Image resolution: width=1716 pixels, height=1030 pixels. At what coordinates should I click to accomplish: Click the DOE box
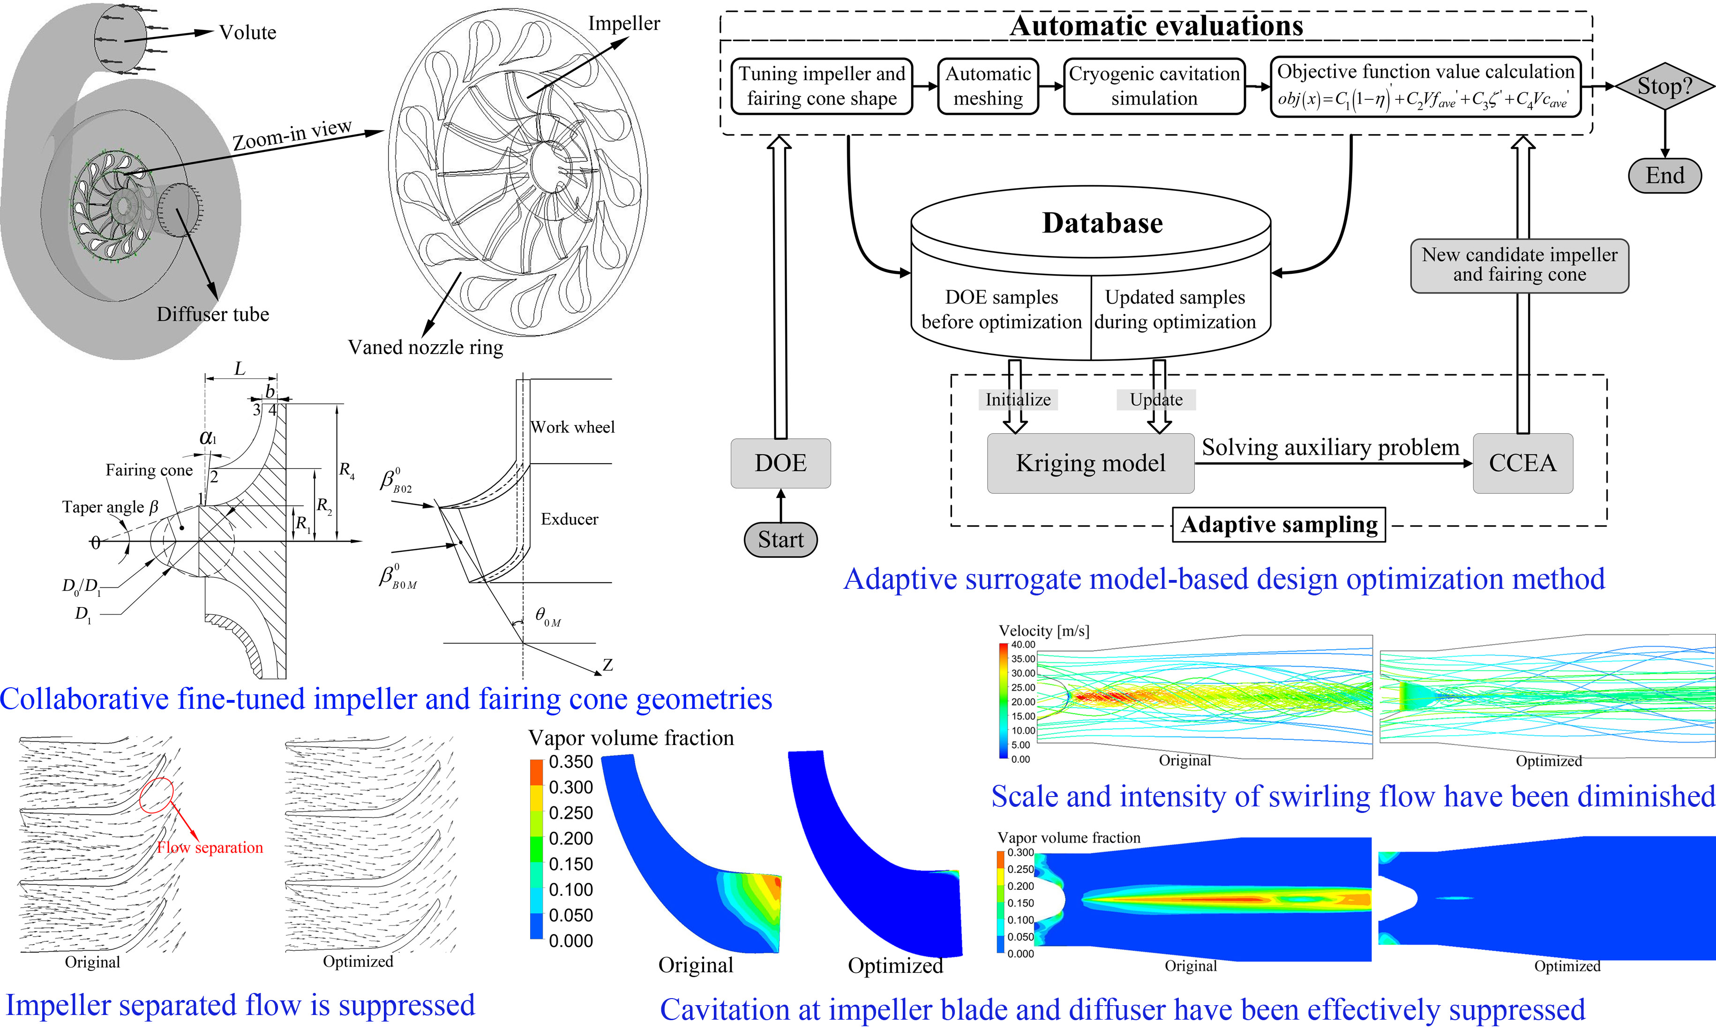point(780,463)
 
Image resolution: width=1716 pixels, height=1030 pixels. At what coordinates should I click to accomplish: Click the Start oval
point(780,539)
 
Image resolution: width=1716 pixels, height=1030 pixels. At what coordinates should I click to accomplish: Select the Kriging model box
point(1090,463)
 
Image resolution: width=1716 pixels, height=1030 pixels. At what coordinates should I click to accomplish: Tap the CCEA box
point(1522,463)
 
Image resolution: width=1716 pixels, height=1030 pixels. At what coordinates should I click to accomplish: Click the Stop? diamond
point(1664,86)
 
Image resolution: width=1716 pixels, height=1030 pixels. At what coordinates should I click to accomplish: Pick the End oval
point(1664,175)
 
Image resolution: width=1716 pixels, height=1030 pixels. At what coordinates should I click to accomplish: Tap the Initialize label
point(1018,400)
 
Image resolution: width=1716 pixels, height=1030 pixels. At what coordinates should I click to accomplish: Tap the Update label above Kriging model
point(1156,400)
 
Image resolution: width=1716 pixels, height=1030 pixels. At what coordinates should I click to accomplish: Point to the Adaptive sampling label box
point(1278,525)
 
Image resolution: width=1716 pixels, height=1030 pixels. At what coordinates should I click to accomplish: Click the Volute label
point(247,33)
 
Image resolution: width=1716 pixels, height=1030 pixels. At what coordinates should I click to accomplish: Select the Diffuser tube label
point(212,315)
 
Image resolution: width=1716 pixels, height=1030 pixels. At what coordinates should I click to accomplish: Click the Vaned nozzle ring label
point(425,347)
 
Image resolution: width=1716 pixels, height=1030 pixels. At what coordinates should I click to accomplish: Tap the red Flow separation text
point(210,848)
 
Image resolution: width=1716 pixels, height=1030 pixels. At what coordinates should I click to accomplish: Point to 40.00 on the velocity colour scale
point(1023,645)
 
